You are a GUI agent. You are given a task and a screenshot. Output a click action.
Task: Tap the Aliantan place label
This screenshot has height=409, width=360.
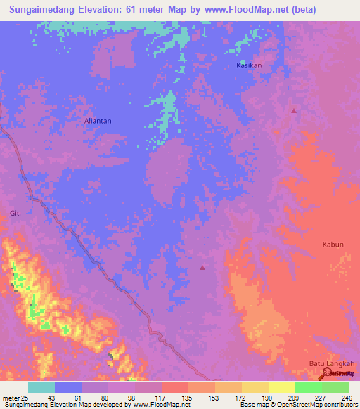[98, 121]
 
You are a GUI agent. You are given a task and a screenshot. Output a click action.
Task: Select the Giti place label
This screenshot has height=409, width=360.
[15, 213]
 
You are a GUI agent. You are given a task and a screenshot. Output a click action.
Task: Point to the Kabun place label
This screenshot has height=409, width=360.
[333, 245]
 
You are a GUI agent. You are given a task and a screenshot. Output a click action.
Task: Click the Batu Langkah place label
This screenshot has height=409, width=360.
[332, 363]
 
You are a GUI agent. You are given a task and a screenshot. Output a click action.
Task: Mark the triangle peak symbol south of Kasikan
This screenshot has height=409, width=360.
[294, 111]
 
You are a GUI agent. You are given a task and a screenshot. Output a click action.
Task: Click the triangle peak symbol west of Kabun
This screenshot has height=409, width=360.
[203, 267]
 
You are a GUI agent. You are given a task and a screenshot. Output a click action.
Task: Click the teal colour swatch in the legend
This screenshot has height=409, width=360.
[41, 387]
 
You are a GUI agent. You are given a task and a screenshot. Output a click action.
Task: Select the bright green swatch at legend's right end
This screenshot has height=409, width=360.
[335, 387]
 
